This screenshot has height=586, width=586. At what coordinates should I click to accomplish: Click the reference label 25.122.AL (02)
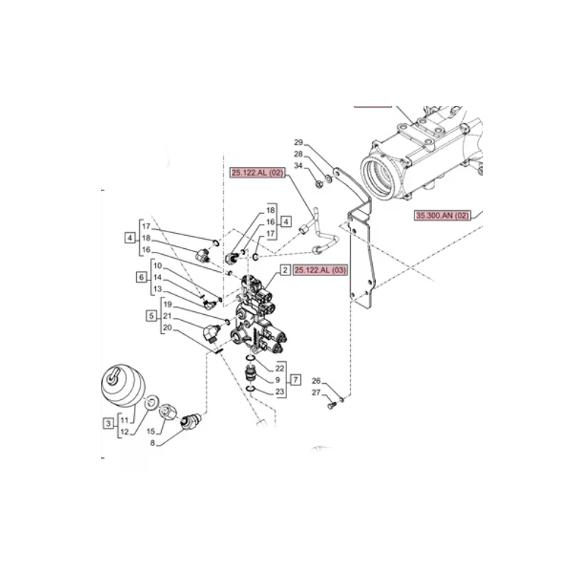click(x=258, y=173)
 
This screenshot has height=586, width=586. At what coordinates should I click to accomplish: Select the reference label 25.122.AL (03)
click(x=320, y=270)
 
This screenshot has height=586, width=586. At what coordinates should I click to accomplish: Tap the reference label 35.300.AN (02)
click(x=442, y=215)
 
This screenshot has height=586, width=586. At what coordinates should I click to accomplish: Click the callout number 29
click(x=298, y=142)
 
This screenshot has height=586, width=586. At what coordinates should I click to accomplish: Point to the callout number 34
click(x=298, y=166)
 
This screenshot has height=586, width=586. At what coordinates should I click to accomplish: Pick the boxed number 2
click(x=285, y=270)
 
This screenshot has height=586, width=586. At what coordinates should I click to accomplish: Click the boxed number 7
click(x=296, y=380)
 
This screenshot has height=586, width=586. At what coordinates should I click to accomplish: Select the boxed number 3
click(x=108, y=423)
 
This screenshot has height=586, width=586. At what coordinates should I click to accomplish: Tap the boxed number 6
click(x=141, y=277)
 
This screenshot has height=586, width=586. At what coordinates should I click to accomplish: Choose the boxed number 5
click(x=152, y=316)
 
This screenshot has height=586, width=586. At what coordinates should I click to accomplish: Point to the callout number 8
click(x=152, y=444)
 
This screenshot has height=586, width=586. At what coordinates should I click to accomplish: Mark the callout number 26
click(x=316, y=381)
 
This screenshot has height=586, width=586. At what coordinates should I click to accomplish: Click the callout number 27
click(x=316, y=393)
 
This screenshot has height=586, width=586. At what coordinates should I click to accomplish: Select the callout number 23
click(x=280, y=392)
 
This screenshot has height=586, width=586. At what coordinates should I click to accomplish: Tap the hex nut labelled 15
click(x=168, y=412)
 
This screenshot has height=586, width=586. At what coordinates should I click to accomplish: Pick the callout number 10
click(x=157, y=266)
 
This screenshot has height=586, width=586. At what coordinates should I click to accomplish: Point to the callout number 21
click(x=167, y=316)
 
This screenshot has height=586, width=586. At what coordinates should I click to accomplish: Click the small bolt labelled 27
click(x=331, y=405)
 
